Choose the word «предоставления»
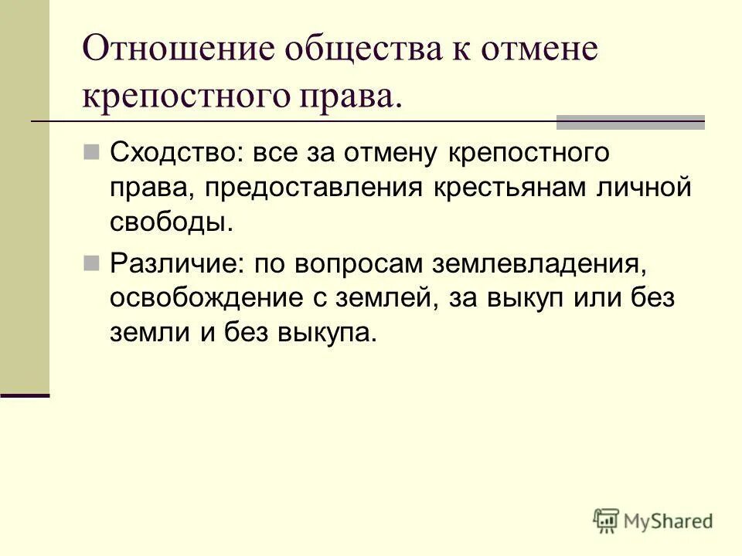[305, 188]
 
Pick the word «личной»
[643, 188]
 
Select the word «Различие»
[175, 263]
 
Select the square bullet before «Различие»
[92, 262]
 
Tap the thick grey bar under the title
[631, 121]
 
